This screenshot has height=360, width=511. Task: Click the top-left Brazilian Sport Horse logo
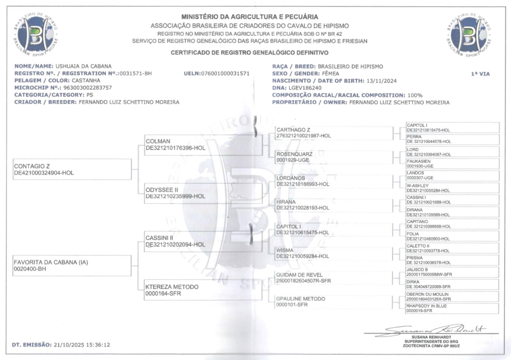36,34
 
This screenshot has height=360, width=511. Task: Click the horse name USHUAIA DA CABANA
83,66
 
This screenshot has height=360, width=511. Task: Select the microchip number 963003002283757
87,88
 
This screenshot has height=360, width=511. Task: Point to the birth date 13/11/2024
381,81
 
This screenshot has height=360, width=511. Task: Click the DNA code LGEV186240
305,88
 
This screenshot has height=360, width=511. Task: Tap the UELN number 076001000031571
225,74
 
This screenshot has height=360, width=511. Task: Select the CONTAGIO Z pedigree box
72,170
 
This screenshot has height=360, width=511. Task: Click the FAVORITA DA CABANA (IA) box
72,266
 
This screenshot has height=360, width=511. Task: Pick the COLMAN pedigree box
203,145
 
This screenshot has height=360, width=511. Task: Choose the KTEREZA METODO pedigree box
203,290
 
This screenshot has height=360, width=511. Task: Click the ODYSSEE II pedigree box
203,193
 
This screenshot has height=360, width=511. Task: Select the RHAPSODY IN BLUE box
452,308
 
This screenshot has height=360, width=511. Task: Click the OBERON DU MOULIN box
452,297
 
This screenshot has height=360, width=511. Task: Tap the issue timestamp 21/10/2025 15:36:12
82,345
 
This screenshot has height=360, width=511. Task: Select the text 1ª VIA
480,74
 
